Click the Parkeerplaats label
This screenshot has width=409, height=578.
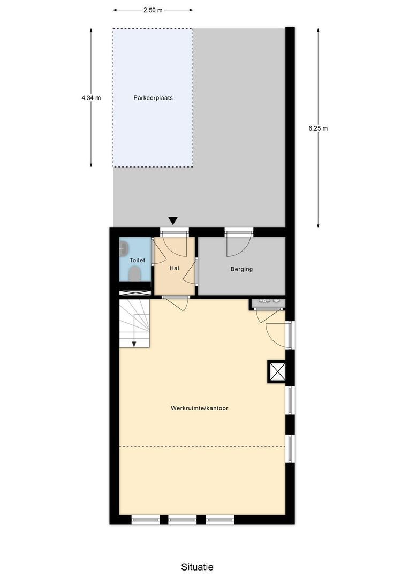click(153, 98)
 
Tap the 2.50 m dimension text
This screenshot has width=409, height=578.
click(153, 10)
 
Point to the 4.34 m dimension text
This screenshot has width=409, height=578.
click(91, 98)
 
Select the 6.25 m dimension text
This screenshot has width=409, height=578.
click(318, 128)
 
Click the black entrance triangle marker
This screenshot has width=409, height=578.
click(172, 220)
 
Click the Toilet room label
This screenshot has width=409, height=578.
click(137, 260)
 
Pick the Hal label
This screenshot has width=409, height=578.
click(174, 268)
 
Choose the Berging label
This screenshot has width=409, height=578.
click(241, 269)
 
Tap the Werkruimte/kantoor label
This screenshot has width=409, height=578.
click(200, 408)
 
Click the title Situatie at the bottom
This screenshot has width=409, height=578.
click(197, 567)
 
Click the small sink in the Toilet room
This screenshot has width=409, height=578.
click(124, 247)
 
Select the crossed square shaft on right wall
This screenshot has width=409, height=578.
click(277, 371)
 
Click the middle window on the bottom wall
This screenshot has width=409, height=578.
click(183, 519)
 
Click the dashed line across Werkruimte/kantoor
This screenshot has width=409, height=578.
click(201, 446)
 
